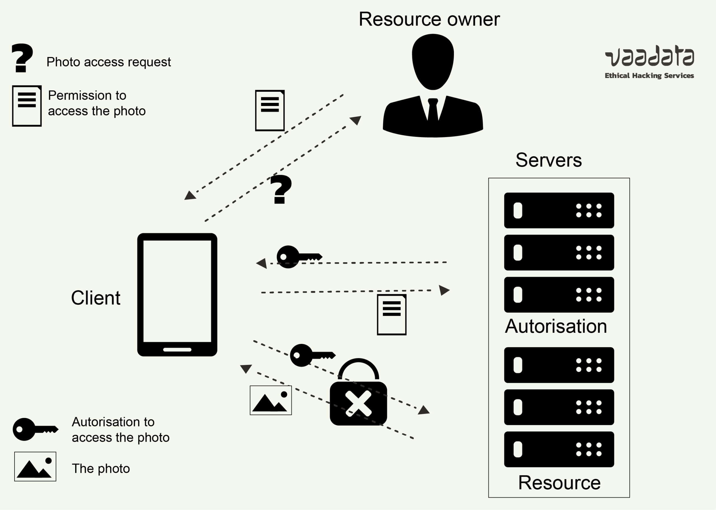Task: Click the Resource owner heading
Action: pyautogui.click(x=429, y=20)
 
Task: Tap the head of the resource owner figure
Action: pyautogui.click(x=433, y=61)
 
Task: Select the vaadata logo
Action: pyautogui.click(x=649, y=56)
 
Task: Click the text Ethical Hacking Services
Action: pyautogui.click(x=649, y=76)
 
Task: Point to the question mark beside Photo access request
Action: pyautogui.click(x=22, y=58)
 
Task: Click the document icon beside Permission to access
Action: pyautogui.click(x=27, y=106)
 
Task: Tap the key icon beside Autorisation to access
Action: pyautogui.click(x=35, y=429)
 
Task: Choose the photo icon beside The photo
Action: pyautogui.click(x=35, y=466)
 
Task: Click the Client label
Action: pyautogui.click(x=95, y=298)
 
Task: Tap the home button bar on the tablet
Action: pyautogui.click(x=177, y=350)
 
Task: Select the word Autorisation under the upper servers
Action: pyautogui.click(x=556, y=326)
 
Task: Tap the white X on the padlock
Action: pyautogui.click(x=358, y=404)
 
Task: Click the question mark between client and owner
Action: pyautogui.click(x=281, y=189)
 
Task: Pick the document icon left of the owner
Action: pyautogui.click(x=270, y=110)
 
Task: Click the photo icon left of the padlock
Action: pyautogui.click(x=271, y=400)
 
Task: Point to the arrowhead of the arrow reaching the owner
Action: pyautogui.click(x=356, y=120)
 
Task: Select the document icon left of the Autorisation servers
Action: pyautogui.click(x=391, y=315)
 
